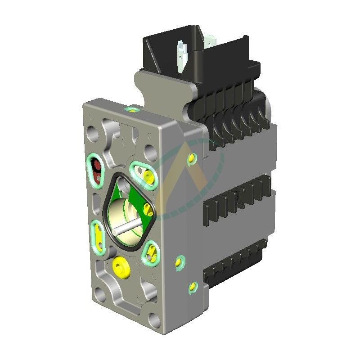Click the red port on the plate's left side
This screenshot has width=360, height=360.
coord(95,169)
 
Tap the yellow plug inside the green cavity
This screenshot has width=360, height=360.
coord(147,207)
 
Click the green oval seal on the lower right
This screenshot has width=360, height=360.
coord(150,252)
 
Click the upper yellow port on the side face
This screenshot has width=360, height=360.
coord(193,158)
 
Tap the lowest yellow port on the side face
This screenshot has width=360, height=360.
coord(193,286)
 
